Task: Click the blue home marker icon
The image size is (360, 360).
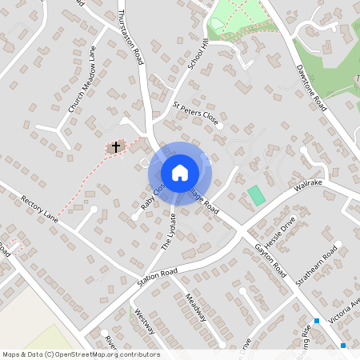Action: (180, 173)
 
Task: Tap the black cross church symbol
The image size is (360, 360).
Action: (116, 147)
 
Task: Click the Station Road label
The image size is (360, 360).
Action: (156, 277)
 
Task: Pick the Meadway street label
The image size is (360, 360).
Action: (195, 307)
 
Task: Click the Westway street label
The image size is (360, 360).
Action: (146, 322)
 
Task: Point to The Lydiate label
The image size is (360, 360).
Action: (168, 232)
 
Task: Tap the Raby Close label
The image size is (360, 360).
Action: (152, 195)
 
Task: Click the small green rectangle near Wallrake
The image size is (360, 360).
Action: (256, 194)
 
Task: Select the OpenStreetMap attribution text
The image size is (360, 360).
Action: (81, 354)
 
